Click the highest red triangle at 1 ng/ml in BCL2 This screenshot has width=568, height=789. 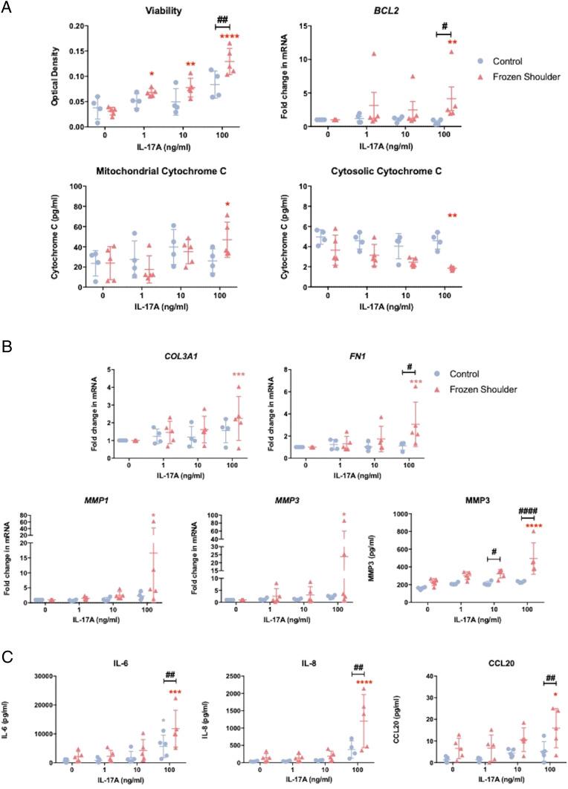[x=385, y=54]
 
